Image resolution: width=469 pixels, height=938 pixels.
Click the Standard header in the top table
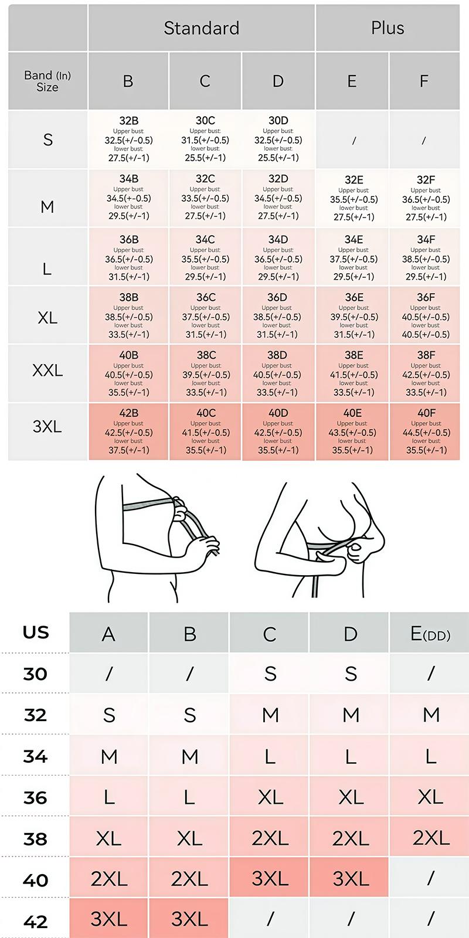[201, 28]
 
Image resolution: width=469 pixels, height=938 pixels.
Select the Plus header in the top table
[388, 28]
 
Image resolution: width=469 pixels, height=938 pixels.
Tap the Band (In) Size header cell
[47, 81]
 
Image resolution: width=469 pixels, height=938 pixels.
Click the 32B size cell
[128, 139]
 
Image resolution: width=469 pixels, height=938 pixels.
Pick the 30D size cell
[278, 139]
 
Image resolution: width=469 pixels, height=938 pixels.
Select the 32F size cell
[426, 198]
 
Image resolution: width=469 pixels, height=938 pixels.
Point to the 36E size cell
[354, 315]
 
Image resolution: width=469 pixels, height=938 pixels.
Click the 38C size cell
[206, 373]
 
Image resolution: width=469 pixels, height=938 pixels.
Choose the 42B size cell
[128, 431]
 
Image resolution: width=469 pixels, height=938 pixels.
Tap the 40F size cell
[426, 431]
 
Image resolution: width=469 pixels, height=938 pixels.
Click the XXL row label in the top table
[47, 371]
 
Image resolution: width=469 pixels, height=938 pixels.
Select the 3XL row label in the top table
[47, 426]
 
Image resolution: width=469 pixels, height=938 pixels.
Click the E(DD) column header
[430, 634]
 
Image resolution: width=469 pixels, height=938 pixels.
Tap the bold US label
[36, 633]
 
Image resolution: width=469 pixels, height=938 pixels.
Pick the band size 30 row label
[35, 674]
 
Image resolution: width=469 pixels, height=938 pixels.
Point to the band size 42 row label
[35, 922]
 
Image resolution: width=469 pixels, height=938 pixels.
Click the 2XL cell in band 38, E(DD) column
[430, 838]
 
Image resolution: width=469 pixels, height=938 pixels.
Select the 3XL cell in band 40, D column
[350, 878]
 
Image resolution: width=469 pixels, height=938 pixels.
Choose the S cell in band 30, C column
[270, 674]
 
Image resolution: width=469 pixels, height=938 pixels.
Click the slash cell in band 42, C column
[270, 919]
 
